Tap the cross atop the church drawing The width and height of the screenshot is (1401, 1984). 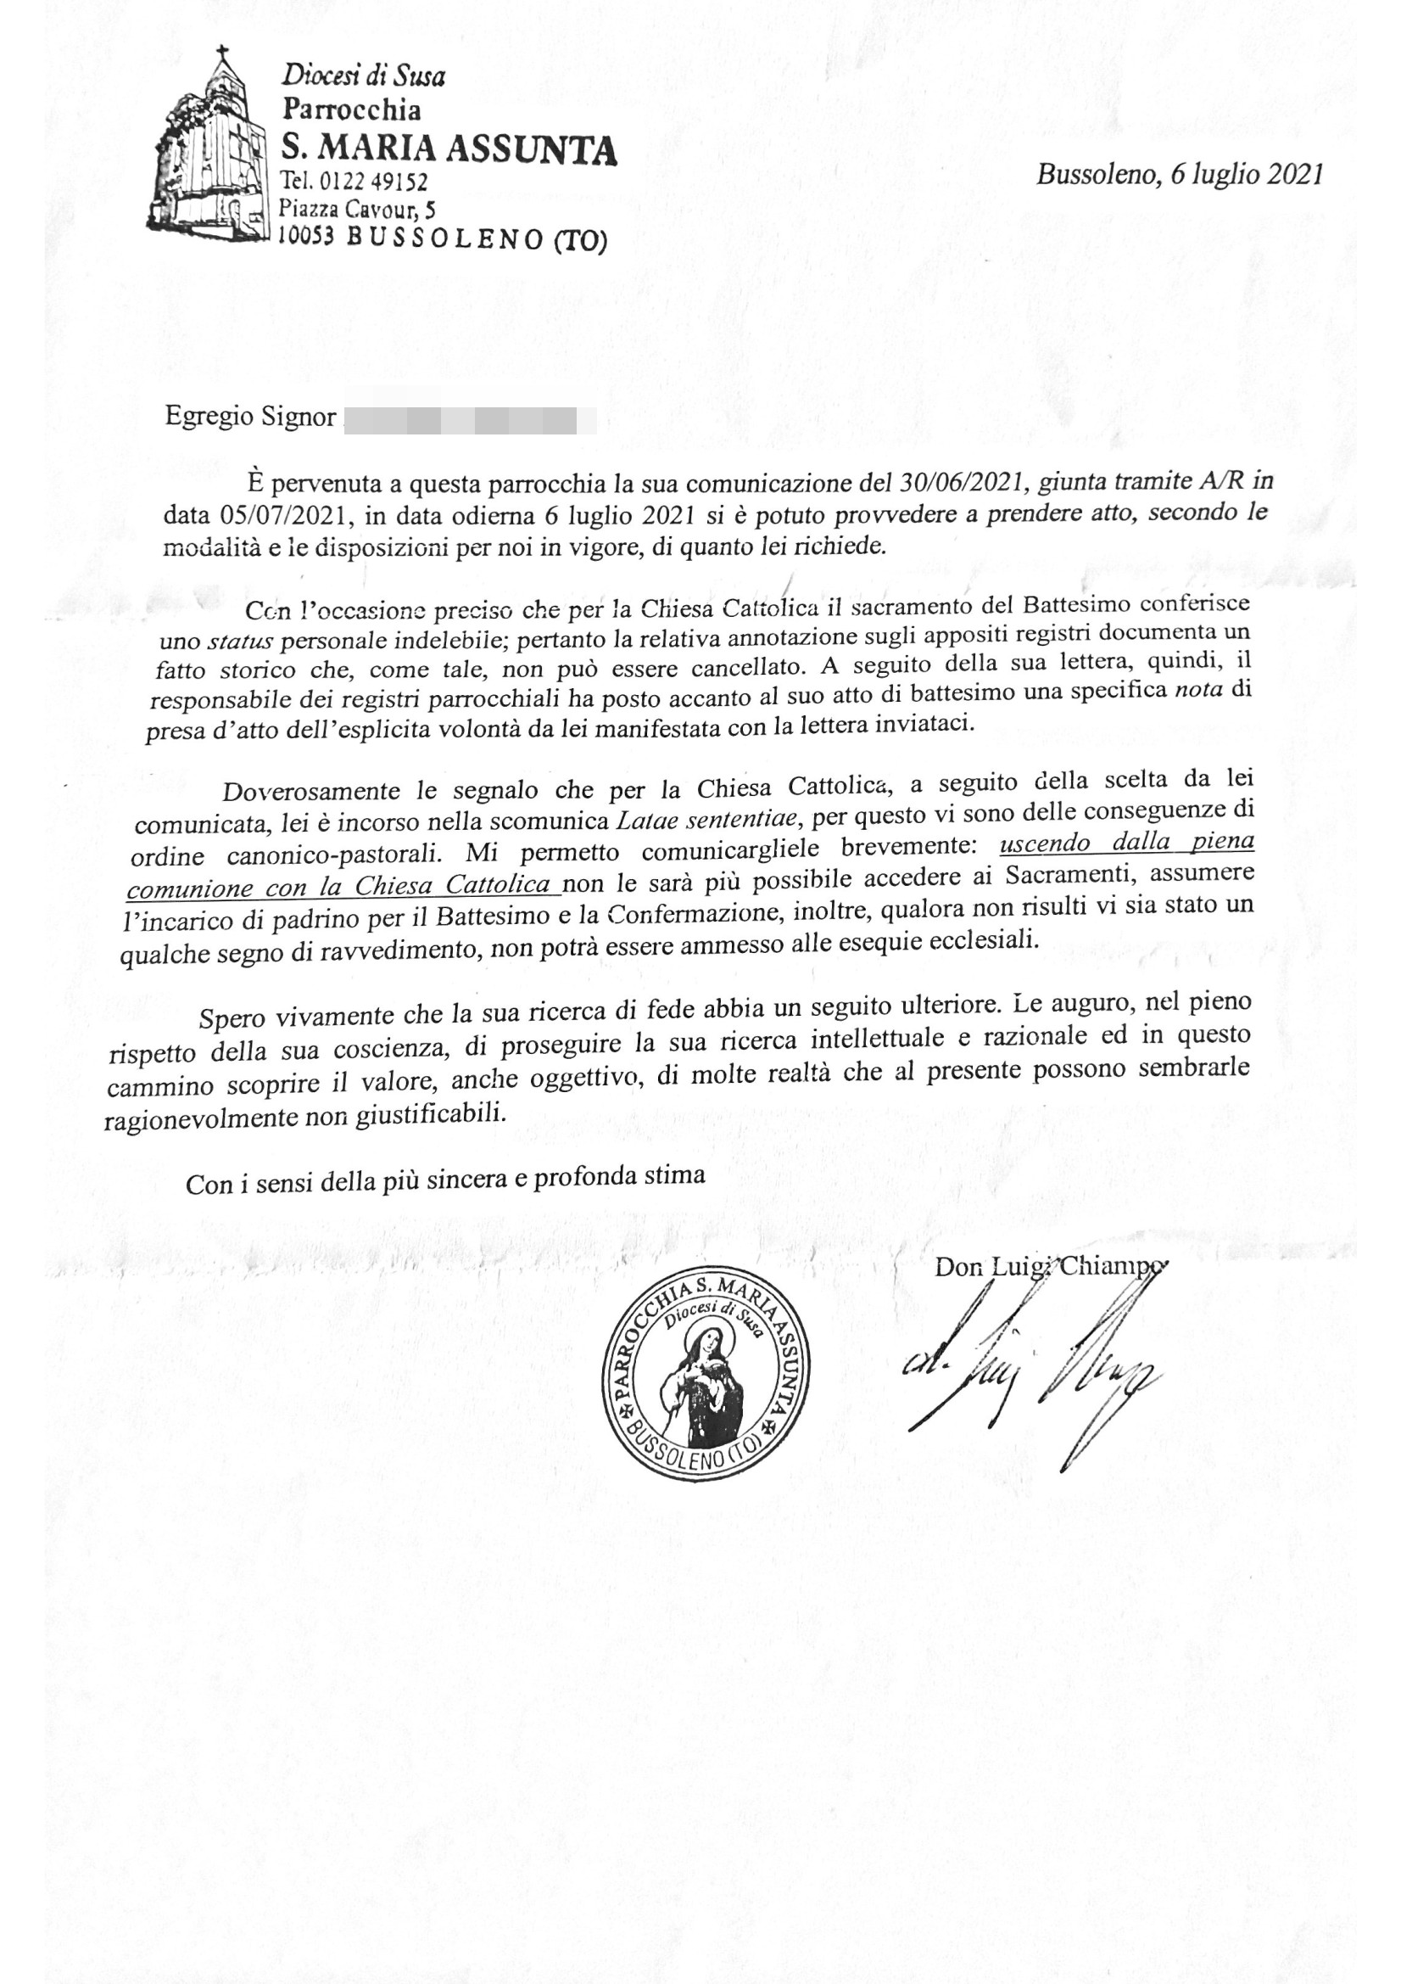point(224,54)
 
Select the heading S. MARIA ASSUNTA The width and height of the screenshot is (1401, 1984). point(449,149)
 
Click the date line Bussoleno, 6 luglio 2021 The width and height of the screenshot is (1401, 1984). point(1179,175)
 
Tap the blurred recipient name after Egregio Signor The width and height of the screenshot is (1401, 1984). point(469,421)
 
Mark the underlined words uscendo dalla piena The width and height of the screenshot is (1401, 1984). point(1126,843)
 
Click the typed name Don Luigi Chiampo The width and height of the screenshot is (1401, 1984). point(1049,1267)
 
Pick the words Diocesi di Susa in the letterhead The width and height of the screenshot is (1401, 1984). point(363,77)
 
